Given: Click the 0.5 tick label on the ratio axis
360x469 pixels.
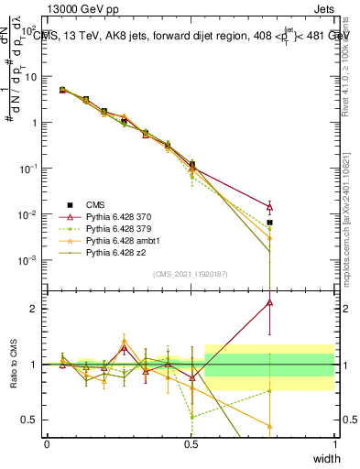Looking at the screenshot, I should (x=32, y=420).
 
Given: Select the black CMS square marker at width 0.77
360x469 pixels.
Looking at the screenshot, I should (x=269, y=223).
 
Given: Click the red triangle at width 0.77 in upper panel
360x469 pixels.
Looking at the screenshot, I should (x=269, y=207).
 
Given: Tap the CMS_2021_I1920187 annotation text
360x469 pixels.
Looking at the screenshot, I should (x=191, y=273).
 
